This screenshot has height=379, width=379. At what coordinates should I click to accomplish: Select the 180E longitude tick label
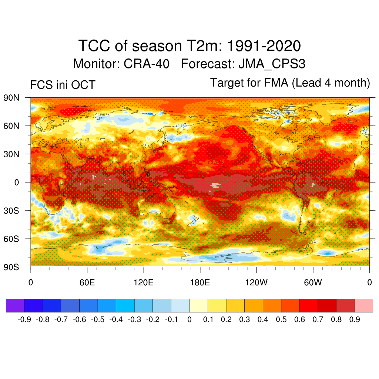tap(200, 283)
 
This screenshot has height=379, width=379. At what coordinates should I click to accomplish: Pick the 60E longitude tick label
tap(87, 283)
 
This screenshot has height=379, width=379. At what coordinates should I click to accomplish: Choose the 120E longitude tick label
tap(143, 283)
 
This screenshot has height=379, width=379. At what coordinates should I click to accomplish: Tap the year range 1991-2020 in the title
tap(263, 47)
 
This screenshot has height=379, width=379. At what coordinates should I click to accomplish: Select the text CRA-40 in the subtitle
tap(147, 64)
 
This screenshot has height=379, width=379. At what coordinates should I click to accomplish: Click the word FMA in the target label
tap(277, 83)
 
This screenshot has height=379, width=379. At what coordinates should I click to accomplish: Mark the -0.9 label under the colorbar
tap(24, 320)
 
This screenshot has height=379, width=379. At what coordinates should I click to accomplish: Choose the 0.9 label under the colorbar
tap(355, 320)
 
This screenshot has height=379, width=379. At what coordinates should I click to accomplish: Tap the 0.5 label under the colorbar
tap(281, 320)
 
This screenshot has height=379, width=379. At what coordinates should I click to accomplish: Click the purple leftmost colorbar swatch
tap(15, 306)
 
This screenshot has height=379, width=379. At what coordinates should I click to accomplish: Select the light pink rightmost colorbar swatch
tap(364, 306)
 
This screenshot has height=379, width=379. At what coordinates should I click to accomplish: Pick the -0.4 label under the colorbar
tap(116, 320)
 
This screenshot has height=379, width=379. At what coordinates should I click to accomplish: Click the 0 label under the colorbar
tap(189, 320)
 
